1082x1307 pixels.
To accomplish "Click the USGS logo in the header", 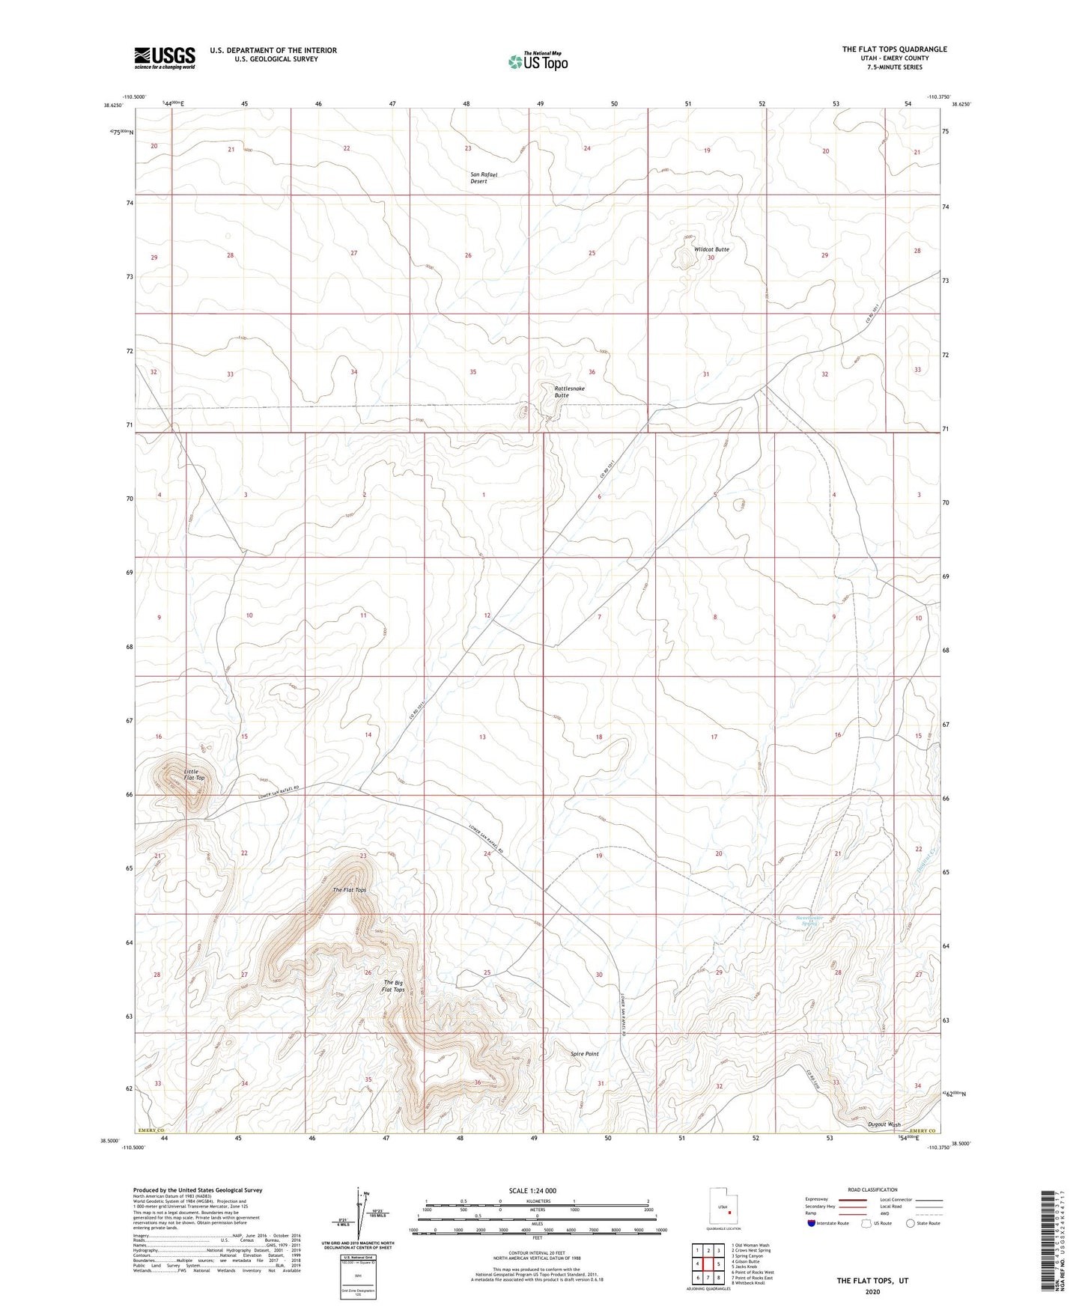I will (165, 57).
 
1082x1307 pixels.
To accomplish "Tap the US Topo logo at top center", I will (537, 61).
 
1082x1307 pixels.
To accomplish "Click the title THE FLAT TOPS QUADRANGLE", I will (894, 49).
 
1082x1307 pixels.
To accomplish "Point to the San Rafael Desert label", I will (483, 178).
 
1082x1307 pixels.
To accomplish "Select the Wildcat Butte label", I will (711, 249).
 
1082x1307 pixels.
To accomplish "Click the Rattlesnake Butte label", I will (569, 392).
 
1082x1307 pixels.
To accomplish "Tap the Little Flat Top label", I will (194, 774).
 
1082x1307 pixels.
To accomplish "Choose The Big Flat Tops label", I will (394, 986).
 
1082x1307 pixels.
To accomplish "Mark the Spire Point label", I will (585, 1054).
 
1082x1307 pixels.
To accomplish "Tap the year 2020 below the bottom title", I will (872, 1291).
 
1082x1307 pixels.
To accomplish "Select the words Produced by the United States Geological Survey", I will (198, 1189).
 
